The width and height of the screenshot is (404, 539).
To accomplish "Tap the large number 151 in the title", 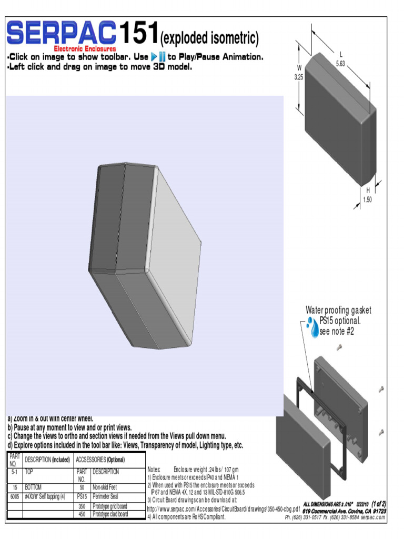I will [x=137, y=34].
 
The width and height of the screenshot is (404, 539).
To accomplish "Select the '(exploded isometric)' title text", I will [x=209, y=38].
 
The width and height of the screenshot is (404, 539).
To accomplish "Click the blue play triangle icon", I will [x=154, y=57].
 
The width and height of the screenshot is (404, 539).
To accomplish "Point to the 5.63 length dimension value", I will [x=340, y=63].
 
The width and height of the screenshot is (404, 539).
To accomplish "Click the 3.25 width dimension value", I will [x=299, y=77].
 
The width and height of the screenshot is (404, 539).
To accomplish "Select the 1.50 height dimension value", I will [x=368, y=199].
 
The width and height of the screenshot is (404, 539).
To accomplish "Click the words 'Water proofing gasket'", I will [x=339, y=310].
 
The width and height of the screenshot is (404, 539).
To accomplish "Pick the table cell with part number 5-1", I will [x=14, y=472].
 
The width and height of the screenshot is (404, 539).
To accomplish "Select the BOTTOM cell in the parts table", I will [x=34, y=487].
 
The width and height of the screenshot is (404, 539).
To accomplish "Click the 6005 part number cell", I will [x=14, y=496].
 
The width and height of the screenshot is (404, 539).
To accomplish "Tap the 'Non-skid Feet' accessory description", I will [x=105, y=487].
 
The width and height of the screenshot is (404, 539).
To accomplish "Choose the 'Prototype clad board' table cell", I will [x=110, y=514].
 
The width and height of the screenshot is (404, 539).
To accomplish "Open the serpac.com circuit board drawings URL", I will [x=223, y=510].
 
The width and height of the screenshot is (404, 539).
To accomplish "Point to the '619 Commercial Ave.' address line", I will [x=344, y=511].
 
